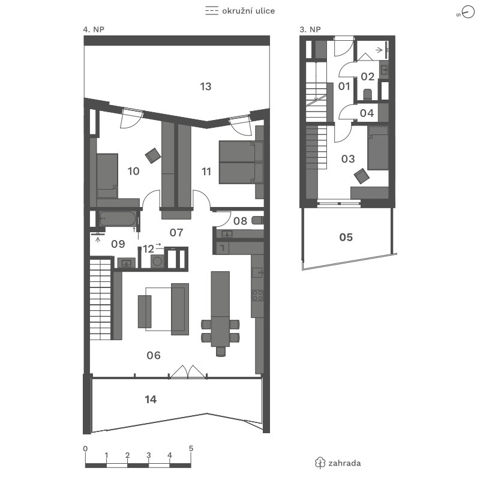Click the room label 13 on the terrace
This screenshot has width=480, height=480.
(x=206, y=86)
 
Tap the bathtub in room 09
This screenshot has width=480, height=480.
(x=118, y=218)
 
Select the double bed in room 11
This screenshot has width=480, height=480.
(x=241, y=162)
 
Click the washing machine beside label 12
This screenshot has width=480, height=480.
(x=157, y=262)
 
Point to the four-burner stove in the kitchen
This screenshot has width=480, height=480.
(x=257, y=295)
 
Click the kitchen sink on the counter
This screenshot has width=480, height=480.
(x=257, y=272)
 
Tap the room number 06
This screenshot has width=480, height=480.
(x=154, y=355)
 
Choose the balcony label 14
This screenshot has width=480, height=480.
(x=151, y=400)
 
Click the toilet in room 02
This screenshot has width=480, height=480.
(x=367, y=94)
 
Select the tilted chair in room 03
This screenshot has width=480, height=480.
(x=362, y=176)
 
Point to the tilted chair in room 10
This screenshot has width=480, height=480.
(x=153, y=155)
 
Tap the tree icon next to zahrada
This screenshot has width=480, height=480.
(x=320, y=463)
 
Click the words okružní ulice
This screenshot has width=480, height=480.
(x=248, y=11)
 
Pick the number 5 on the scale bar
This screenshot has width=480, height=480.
(x=191, y=448)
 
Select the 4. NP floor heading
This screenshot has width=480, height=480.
(x=94, y=29)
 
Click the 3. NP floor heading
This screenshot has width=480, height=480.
(x=310, y=29)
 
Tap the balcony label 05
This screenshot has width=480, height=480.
(x=346, y=237)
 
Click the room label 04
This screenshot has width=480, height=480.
(x=367, y=113)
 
